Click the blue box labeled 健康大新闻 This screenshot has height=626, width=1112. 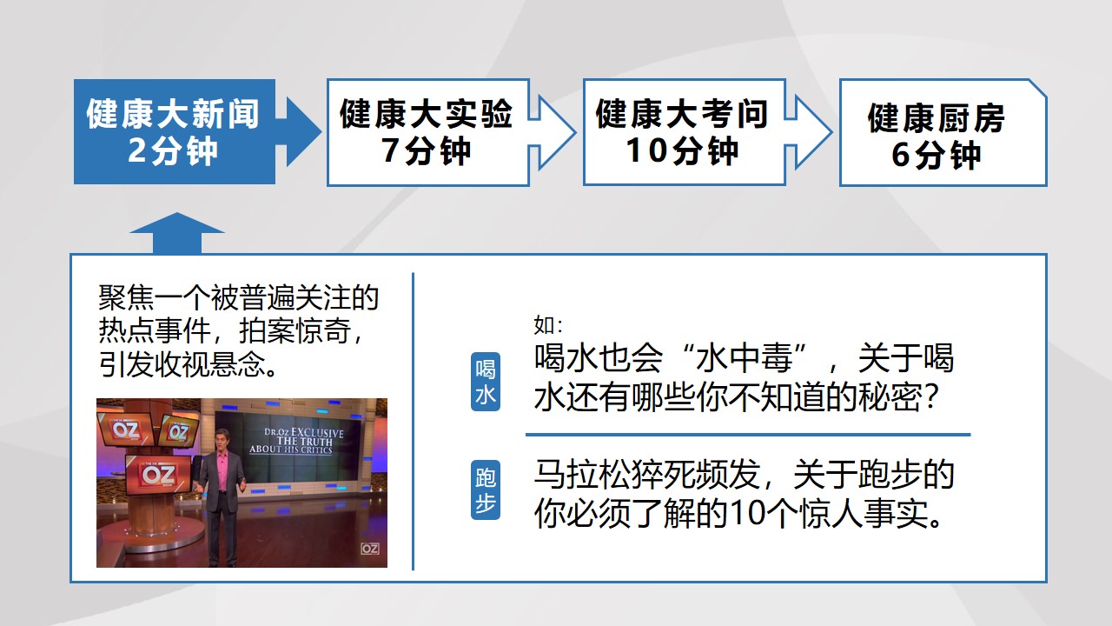coord(175,131)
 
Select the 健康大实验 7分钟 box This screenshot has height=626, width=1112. coord(428,132)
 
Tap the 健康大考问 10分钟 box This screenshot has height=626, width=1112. coord(684,131)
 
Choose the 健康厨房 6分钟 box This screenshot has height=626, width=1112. coord(943,132)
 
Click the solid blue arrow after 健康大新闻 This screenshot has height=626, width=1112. coord(300,132)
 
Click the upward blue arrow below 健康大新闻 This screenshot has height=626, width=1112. coord(176,232)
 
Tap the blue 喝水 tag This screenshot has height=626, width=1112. coord(485,382)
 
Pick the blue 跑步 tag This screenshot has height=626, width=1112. coord(485,489)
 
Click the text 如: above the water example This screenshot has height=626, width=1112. coord(548,326)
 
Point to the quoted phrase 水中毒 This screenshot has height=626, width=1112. coord(743,357)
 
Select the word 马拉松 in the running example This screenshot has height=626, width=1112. coord(582,475)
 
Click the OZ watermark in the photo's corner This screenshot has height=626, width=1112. coord(370,549)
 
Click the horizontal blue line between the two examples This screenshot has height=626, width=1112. coord(748,435)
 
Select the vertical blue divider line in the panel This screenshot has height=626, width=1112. coord(413,422)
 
